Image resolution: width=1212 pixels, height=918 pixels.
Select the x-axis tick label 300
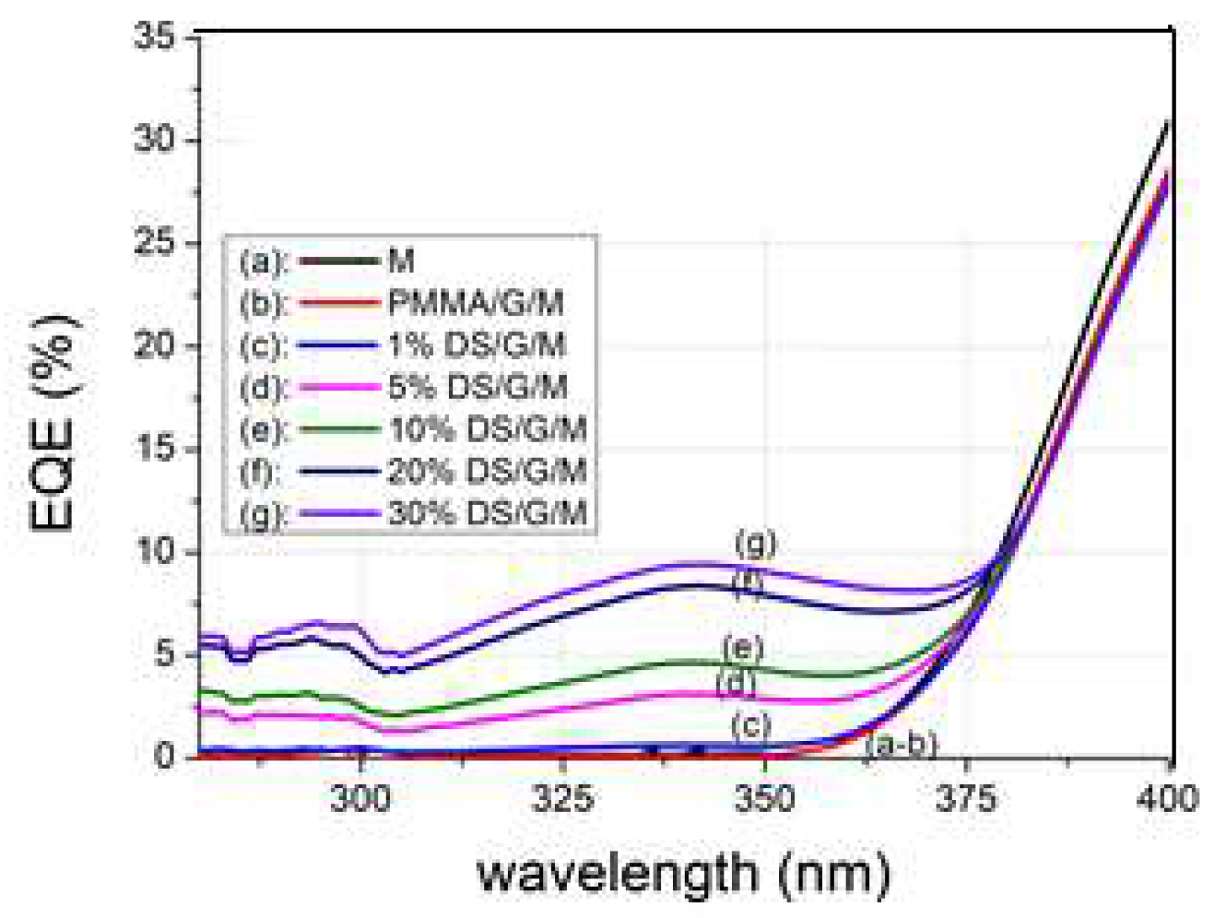coord(360,797)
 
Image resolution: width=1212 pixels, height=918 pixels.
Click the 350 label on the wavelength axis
coord(765,797)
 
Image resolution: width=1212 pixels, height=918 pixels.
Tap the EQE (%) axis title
coord(52,422)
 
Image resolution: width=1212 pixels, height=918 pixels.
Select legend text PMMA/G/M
coord(476,303)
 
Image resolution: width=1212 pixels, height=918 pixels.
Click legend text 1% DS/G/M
coord(477,346)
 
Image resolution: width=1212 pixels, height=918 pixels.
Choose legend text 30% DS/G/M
coord(487,513)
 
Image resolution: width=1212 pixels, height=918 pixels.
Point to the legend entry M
coord(401,261)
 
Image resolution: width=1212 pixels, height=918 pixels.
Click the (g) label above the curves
coord(755,544)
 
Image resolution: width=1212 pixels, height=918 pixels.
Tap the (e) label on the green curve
coord(743,648)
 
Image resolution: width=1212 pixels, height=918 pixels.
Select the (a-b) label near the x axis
coord(901,745)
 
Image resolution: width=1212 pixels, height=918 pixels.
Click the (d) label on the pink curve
coord(736,683)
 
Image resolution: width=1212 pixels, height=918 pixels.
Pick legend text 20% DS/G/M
coord(487,471)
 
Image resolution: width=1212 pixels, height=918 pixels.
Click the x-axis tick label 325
coord(563,797)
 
